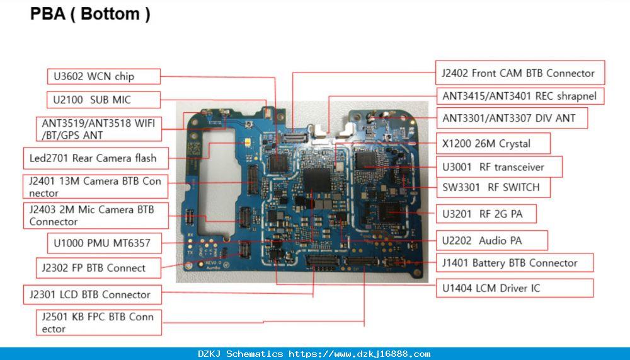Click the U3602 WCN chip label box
(x=104, y=76)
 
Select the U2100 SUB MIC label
(x=104, y=100)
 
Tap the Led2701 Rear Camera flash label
(x=96, y=158)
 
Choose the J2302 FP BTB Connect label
(x=98, y=268)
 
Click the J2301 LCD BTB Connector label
(x=93, y=294)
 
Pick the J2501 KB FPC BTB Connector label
(x=99, y=322)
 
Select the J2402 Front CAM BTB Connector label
(x=520, y=73)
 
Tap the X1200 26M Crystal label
(x=493, y=143)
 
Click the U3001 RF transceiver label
(x=499, y=167)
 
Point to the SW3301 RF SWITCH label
(x=493, y=187)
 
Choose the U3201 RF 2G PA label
(x=486, y=214)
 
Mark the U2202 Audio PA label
(x=492, y=241)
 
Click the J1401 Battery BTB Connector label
(x=515, y=263)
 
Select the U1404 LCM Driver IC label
(x=515, y=288)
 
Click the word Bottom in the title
(x=110, y=14)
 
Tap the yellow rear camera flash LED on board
(x=248, y=142)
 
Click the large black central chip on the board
(x=317, y=180)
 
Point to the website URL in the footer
(x=360, y=354)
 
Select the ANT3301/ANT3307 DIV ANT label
(x=512, y=118)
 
